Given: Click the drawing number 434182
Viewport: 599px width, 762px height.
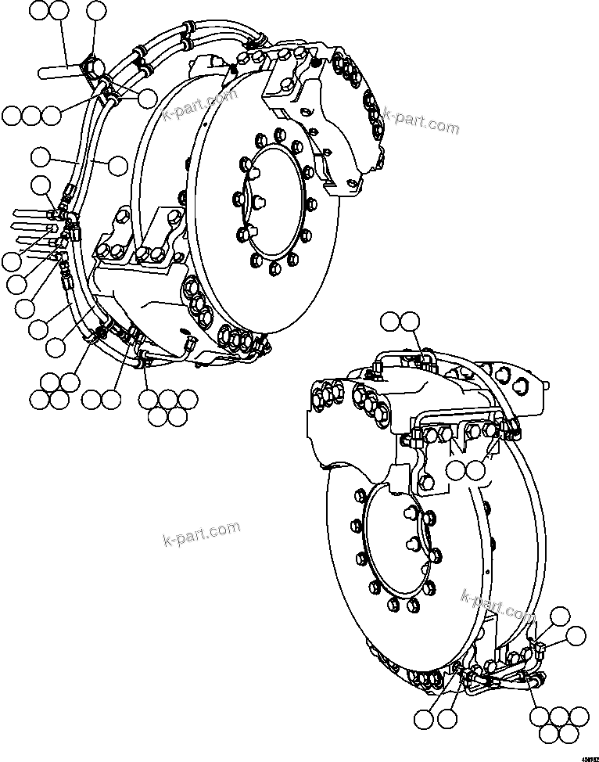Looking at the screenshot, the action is [x=586, y=755].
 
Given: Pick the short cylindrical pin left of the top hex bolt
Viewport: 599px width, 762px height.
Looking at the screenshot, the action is [x=59, y=72].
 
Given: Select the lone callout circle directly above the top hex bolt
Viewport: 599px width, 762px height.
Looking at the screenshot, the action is [x=96, y=10].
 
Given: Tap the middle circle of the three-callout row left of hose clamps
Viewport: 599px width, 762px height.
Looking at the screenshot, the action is [x=30, y=115].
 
